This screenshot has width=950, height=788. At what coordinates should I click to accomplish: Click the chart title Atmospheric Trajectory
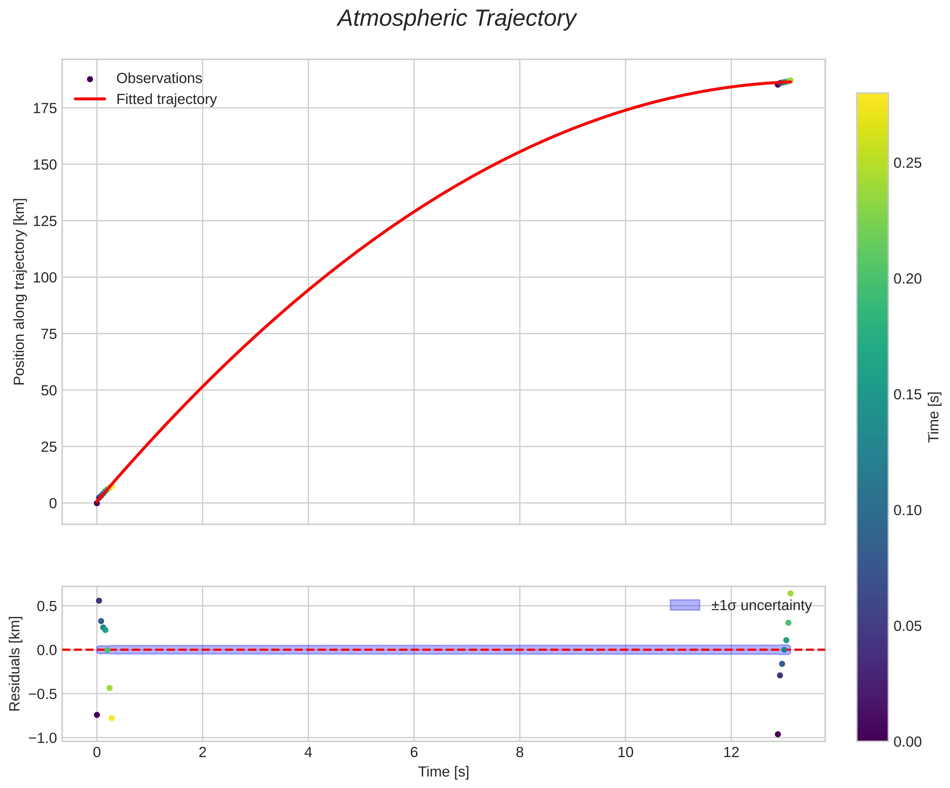coord(456,19)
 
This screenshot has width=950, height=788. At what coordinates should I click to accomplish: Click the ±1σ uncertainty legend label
coord(761,605)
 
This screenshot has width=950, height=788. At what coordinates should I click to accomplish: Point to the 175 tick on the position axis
coord(45,108)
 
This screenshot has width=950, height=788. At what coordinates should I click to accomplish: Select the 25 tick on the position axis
coord(48,447)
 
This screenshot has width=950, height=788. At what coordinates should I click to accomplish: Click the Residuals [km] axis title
coord(15,663)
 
